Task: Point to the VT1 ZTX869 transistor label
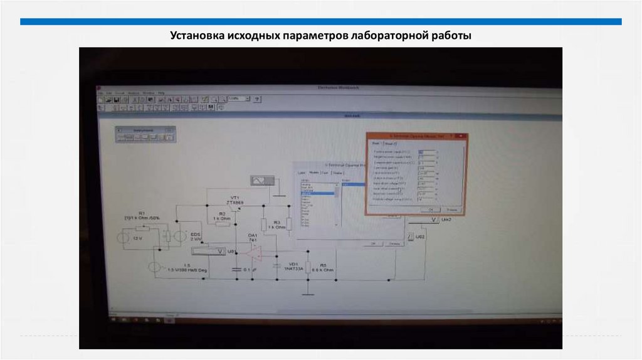tap(235, 200)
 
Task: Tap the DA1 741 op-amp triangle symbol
tap(255, 252)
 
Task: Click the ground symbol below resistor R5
tap(307, 292)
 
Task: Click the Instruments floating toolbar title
tap(143, 129)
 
